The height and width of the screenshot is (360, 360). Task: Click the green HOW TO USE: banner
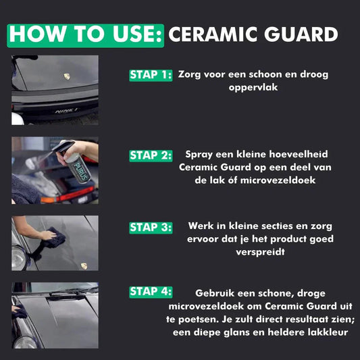[x=85, y=36]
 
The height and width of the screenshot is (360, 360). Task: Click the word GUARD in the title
[x=301, y=34]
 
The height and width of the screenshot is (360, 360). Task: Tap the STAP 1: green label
[x=151, y=75]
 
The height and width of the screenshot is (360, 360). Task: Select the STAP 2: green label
[x=151, y=155]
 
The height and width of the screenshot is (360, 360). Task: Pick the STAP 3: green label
[x=151, y=228]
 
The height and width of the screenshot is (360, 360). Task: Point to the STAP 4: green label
[x=151, y=292]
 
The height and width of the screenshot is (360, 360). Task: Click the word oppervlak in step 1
[x=253, y=88]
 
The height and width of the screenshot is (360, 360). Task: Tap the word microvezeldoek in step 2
[x=278, y=180]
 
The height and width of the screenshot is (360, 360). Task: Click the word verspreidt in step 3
[x=260, y=252]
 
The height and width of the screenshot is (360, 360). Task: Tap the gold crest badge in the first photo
[x=67, y=76]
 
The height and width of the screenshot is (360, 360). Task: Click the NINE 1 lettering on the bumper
[x=66, y=111]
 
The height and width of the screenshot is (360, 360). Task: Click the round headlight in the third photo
[x=18, y=257]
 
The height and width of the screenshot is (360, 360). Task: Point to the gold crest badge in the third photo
[x=84, y=266]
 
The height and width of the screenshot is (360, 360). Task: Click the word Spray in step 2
[x=199, y=155]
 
